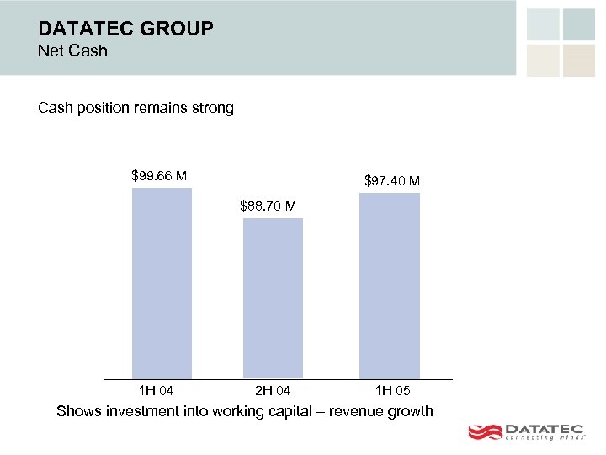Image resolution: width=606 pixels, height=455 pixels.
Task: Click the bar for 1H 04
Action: click(162, 282)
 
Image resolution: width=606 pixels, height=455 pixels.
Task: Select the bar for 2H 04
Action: click(273, 297)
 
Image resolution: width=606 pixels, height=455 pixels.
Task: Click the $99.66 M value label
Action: click(159, 176)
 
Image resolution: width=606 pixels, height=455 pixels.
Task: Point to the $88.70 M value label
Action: click(268, 206)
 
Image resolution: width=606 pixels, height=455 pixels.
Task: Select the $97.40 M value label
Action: click(392, 181)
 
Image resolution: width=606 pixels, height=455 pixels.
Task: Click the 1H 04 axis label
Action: click(156, 391)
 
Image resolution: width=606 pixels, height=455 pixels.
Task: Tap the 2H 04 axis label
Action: click(272, 391)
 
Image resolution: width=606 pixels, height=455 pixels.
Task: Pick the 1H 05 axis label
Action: click(393, 391)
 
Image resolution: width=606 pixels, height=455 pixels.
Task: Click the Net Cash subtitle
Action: click(73, 51)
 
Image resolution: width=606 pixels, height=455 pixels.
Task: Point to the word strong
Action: click(212, 108)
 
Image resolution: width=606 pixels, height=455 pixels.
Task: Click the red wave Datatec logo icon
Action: click(484, 432)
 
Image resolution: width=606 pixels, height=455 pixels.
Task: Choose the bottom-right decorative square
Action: click(579, 60)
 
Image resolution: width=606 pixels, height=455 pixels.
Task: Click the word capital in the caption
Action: click(287, 411)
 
